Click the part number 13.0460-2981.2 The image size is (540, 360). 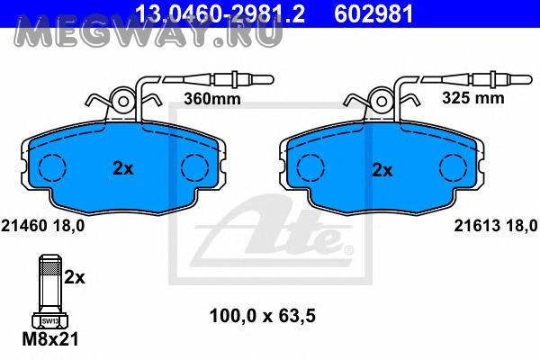[x=220, y=13]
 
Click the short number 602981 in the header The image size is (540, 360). [x=373, y=13]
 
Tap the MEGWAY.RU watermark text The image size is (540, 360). [x=148, y=31]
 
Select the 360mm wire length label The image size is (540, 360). [x=212, y=99]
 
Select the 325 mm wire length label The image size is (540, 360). [x=472, y=98]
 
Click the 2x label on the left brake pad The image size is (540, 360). [x=123, y=169]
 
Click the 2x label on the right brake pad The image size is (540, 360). [x=382, y=170]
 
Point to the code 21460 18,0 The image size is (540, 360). [x=42, y=226]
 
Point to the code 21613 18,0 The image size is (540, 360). [x=496, y=226]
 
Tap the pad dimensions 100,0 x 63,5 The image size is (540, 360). [x=263, y=316]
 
